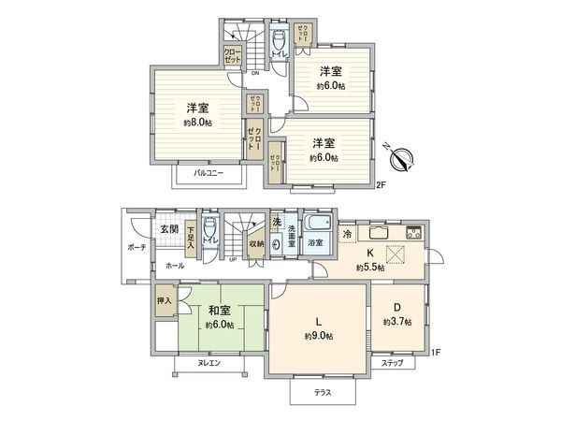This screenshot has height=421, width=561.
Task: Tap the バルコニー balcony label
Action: [208, 173]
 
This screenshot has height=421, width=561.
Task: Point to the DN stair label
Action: [254, 72]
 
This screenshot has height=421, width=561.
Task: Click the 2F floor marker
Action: [381, 185]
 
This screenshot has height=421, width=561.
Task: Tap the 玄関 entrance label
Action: [168, 228]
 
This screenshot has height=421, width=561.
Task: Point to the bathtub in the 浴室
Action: [317, 225]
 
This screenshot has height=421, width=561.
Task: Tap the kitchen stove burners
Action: [412, 233]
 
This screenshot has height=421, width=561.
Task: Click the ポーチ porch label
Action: [136, 248]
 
